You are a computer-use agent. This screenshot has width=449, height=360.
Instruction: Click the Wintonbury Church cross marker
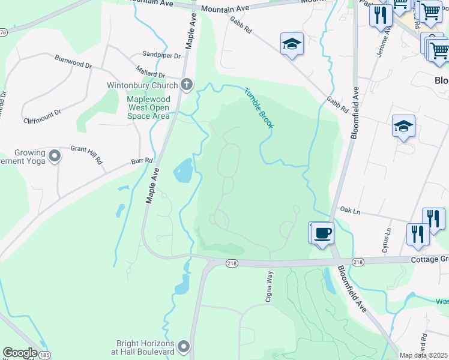187,85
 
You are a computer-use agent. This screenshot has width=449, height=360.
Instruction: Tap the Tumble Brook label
259,108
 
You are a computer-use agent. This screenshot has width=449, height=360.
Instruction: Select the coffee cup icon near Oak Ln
322,233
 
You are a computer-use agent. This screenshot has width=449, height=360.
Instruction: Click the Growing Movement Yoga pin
55,157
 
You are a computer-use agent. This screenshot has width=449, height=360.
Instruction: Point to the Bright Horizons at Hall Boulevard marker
184,347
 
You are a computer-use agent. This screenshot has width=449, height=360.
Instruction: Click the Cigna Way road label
270,283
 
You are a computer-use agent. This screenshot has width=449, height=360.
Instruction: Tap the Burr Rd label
143,161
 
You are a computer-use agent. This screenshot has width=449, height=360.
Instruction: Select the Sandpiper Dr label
161,55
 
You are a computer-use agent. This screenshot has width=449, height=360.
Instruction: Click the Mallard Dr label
150,70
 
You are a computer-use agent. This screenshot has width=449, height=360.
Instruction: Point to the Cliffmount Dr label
42,112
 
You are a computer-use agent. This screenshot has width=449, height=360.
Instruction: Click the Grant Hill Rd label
87,148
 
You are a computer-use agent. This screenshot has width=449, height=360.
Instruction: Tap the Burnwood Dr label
73,61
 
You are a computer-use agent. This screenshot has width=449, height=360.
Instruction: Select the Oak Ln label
349,211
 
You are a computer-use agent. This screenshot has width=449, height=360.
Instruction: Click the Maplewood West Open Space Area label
148,108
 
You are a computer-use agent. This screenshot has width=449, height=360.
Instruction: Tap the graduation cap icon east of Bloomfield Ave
403,126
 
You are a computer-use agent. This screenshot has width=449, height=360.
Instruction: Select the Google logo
20,353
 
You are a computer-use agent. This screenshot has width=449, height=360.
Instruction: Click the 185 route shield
44,356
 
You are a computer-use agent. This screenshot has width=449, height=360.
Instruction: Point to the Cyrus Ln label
387,235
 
